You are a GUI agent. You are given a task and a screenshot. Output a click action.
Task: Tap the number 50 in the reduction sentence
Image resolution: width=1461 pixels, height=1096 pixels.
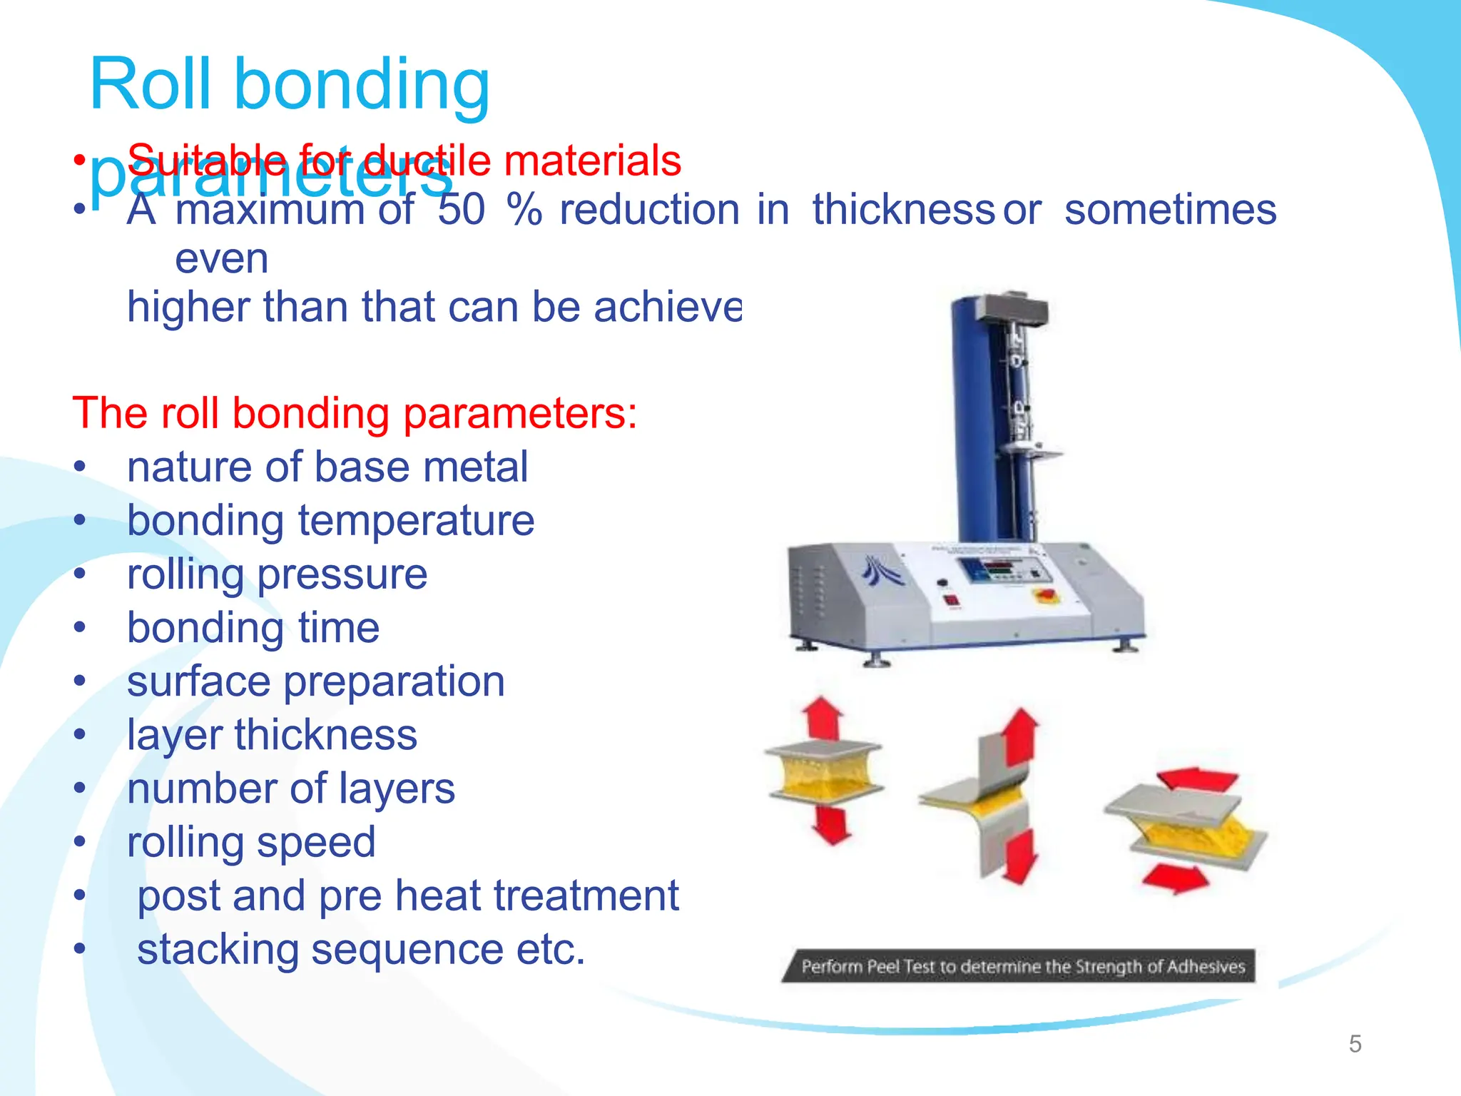click(x=462, y=210)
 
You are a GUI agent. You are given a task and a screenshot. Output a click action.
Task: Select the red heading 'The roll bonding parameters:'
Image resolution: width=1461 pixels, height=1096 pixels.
click(x=355, y=413)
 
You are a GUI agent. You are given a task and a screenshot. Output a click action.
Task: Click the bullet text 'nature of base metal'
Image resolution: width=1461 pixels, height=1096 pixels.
click(x=327, y=467)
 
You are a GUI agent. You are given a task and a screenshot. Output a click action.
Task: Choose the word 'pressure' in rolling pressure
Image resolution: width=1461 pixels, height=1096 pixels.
click(x=342, y=574)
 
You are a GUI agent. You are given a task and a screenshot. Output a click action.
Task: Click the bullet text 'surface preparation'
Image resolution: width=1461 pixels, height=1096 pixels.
click(x=316, y=681)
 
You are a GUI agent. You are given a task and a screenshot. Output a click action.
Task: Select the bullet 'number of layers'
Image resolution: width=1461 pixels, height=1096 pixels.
click(x=291, y=788)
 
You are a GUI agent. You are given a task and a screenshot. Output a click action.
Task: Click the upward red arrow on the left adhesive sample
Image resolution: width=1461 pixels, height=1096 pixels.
click(x=823, y=717)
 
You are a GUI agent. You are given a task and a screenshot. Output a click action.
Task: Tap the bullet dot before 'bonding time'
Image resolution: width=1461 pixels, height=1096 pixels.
click(x=80, y=628)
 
